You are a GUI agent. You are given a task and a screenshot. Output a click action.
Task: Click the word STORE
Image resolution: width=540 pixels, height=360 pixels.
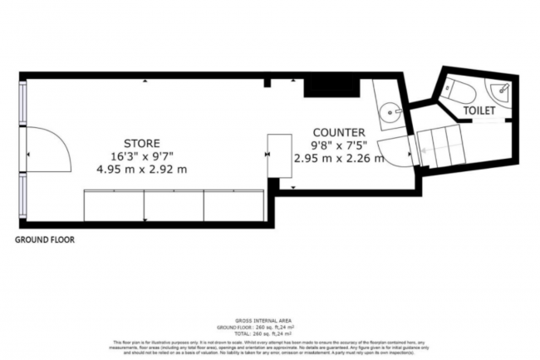(x=142, y=143)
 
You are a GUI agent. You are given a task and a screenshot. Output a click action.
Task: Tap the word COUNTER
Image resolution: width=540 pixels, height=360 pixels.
(x=338, y=132)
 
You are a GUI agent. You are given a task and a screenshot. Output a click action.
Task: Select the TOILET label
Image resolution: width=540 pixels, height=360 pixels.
(x=479, y=110)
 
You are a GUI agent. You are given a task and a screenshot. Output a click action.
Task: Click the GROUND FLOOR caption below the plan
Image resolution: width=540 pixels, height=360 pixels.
(x=45, y=239)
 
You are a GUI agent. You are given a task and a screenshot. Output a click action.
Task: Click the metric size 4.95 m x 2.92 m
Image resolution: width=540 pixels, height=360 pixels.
(x=142, y=169)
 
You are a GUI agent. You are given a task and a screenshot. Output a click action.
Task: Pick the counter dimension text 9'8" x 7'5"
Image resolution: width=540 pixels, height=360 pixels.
(x=338, y=145)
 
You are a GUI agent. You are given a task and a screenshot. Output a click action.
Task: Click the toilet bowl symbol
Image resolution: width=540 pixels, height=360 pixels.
(x=457, y=89)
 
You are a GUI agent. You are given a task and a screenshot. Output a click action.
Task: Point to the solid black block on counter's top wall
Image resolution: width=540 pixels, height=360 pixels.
(x=317, y=86)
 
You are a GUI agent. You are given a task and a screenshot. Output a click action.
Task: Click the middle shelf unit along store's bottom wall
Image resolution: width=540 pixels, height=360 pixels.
(x=174, y=206)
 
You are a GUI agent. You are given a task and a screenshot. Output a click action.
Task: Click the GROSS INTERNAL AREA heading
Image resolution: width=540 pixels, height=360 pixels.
(x=269, y=319)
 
